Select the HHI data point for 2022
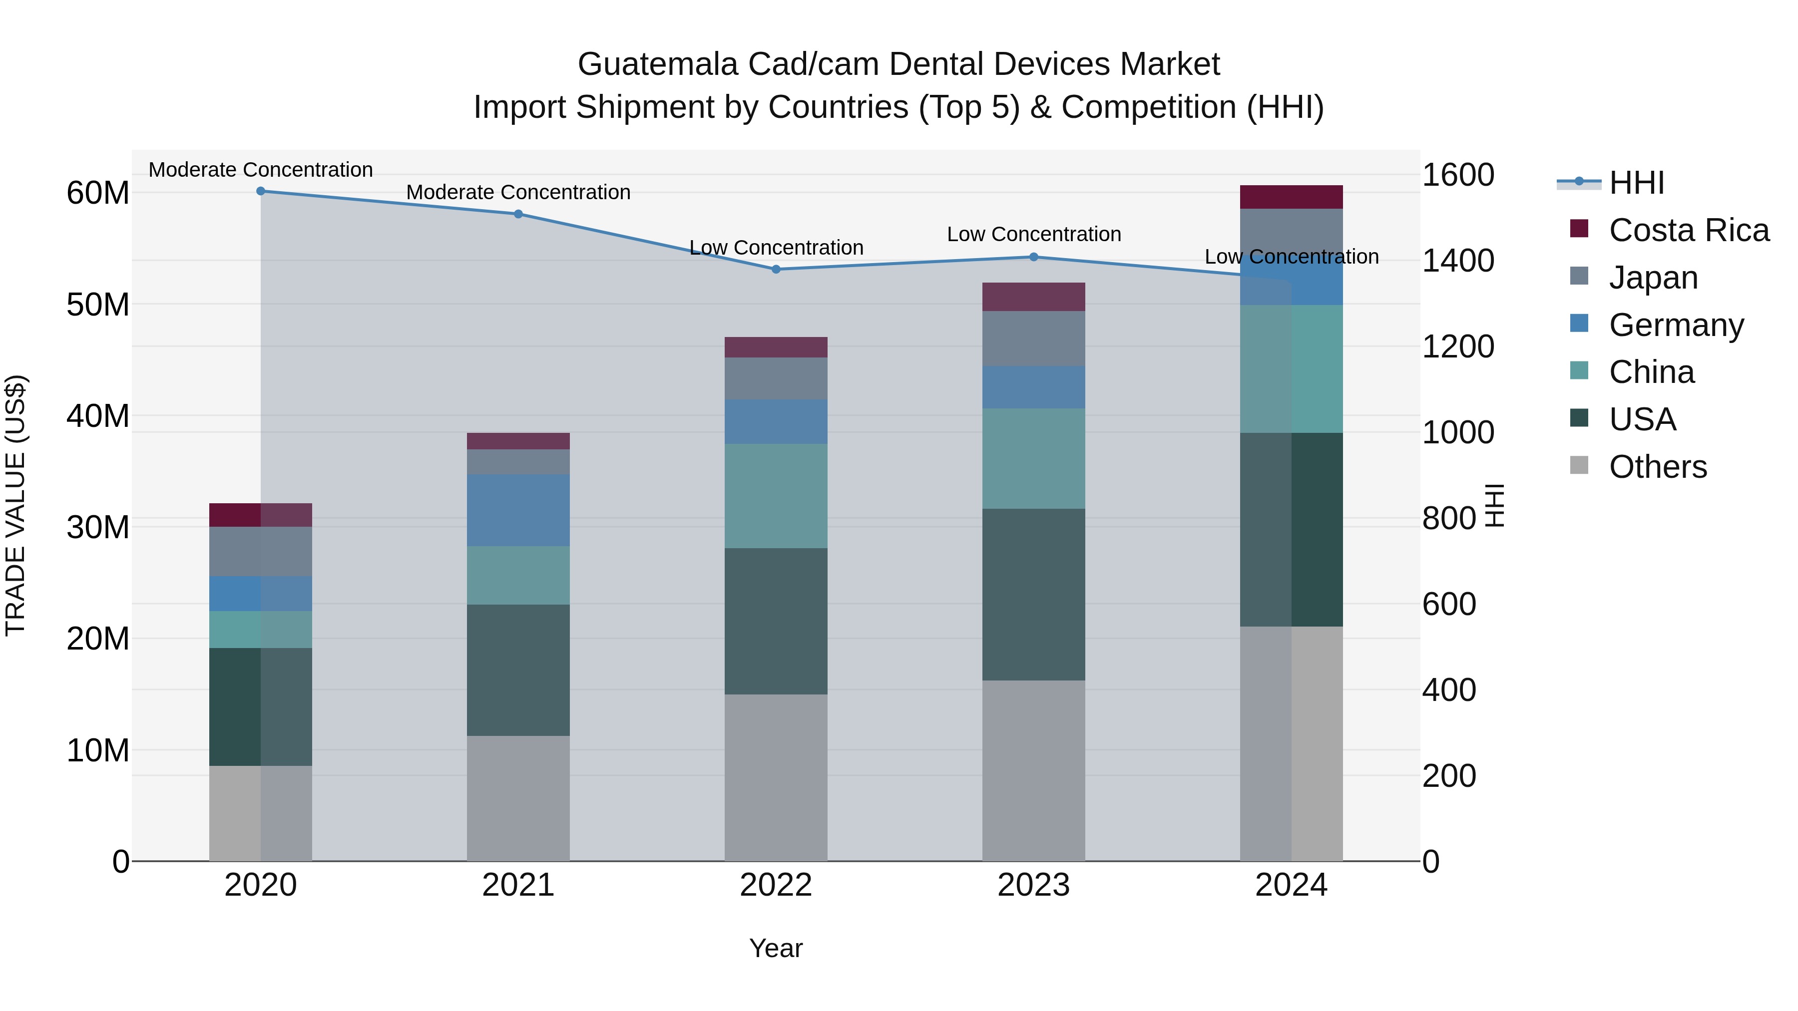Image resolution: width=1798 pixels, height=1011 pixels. point(776,269)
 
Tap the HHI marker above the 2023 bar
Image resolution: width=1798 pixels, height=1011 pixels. point(1034,257)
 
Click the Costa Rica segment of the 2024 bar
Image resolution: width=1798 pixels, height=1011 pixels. point(1291,197)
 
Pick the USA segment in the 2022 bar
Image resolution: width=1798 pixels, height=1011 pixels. point(776,621)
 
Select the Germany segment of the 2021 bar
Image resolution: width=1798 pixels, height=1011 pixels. point(518,510)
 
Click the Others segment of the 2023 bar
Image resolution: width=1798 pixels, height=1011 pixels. point(1034,770)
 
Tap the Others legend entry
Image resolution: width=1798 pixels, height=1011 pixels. point(1658,467)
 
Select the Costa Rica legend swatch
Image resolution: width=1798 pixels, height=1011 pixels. point(1579,229)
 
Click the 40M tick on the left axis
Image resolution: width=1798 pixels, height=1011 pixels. point(98,416)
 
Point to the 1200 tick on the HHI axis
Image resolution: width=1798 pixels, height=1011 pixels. point(1458,347)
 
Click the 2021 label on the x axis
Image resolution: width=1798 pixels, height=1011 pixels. point(518,885)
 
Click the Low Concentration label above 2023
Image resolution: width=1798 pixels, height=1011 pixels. point(1034,235)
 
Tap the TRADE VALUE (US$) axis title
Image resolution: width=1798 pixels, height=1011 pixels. point(15,505)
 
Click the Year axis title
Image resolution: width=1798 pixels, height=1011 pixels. point(776,948)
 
